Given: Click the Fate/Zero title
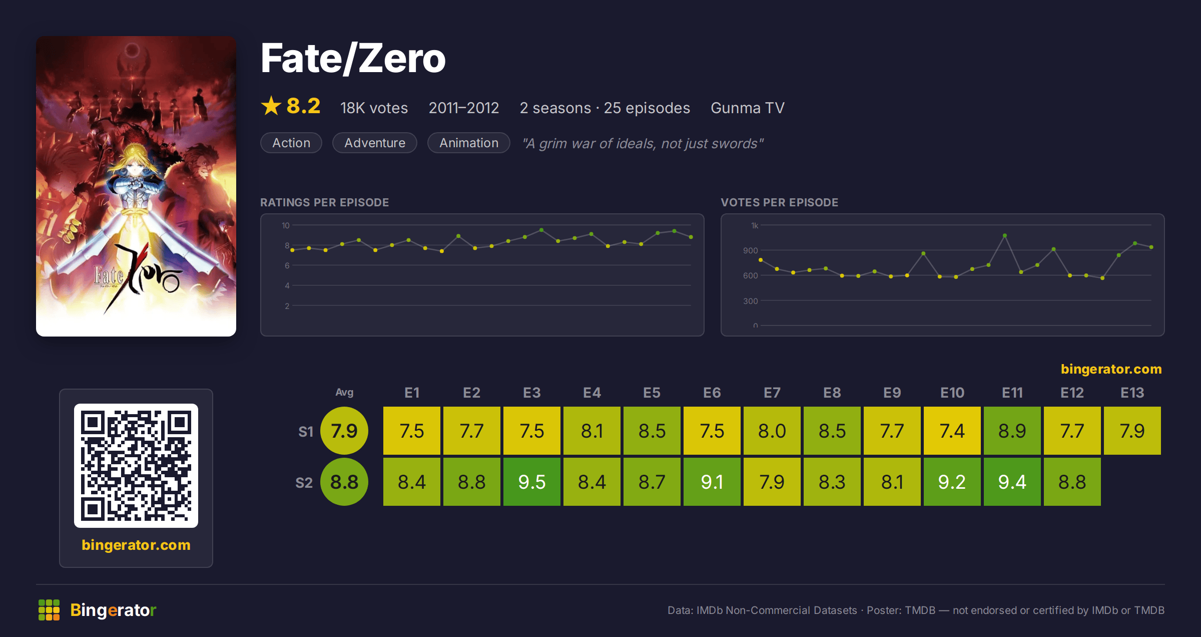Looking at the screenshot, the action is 353,59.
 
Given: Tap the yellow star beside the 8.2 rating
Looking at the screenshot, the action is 271,106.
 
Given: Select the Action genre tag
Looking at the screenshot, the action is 291,143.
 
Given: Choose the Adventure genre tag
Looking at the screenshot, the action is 375,143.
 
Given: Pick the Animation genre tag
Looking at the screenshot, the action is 469,143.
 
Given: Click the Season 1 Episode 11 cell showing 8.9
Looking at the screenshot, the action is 1012,431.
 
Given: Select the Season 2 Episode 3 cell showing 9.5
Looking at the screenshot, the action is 532,482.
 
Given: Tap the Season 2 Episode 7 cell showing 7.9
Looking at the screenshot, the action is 772,482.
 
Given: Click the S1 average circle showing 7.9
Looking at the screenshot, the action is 344,431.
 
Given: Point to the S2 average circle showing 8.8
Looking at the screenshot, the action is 344,482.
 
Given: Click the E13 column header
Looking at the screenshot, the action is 1132,393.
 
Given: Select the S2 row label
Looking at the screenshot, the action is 304,483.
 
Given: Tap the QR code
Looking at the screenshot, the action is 136,466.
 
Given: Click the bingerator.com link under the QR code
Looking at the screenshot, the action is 136,545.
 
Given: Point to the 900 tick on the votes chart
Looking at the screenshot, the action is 750,250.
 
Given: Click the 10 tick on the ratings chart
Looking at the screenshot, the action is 286,225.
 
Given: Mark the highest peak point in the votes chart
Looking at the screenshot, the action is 1005,235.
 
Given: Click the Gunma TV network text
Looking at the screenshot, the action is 748,108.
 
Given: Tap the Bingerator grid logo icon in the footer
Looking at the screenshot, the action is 49,610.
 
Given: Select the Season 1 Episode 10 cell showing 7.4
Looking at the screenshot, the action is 952,431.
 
